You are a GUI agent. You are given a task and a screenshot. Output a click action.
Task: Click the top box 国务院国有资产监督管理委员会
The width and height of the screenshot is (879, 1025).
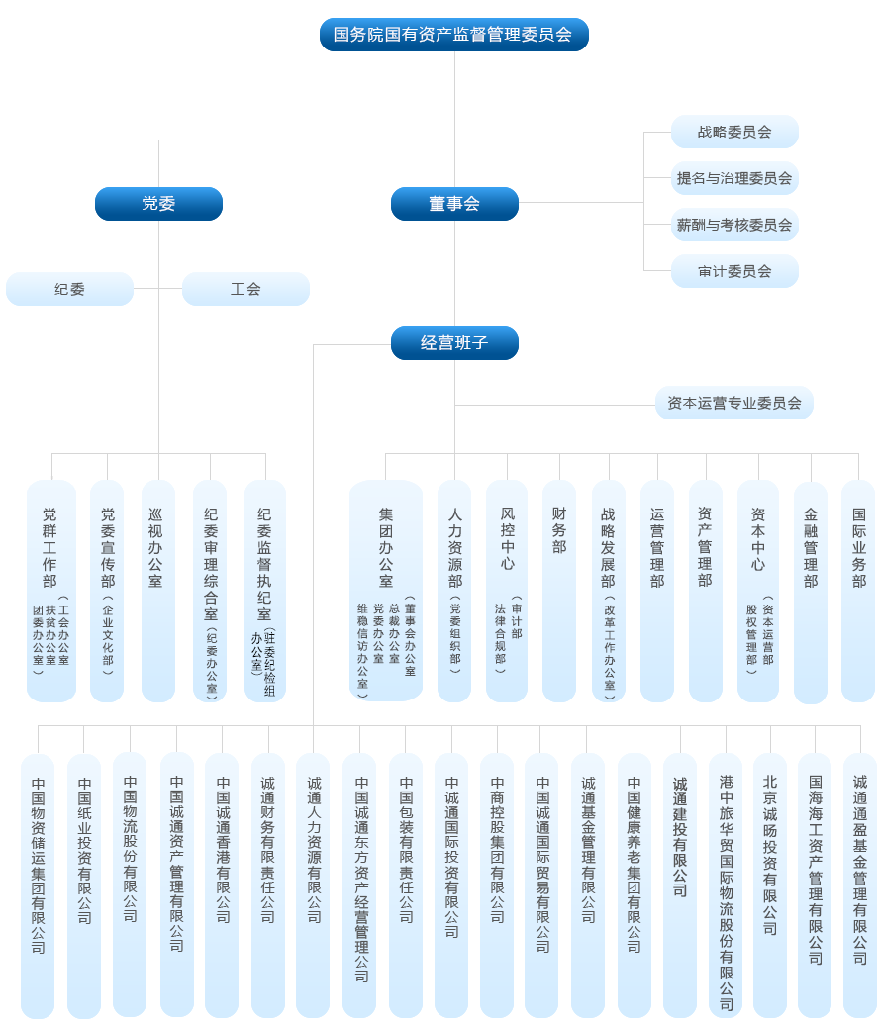point(453,35)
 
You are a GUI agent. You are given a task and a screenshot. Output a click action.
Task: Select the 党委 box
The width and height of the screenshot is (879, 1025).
point(158,204)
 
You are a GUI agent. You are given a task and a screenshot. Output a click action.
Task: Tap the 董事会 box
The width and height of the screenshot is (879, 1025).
point(454,204)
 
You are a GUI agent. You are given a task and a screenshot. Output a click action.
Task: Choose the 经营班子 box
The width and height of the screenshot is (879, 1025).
point(454,343)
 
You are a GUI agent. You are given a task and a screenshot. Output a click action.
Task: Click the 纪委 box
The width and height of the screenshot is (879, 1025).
point(69,289)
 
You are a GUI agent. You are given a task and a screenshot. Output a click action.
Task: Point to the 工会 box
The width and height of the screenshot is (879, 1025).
point(245,289)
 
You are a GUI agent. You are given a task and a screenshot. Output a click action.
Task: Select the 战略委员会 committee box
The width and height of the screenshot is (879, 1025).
point(734,132)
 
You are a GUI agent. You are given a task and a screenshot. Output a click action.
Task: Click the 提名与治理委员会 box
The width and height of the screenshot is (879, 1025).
point(734,178)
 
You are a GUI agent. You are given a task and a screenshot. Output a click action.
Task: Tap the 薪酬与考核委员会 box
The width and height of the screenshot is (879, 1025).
point(734,225)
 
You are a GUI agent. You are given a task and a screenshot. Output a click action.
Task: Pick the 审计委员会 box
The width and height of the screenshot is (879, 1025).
point(734,271)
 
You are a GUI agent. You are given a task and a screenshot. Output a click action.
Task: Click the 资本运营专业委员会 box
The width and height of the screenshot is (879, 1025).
point(734,404)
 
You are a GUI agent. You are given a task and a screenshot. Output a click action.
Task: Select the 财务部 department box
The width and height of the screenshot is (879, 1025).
point(559,591)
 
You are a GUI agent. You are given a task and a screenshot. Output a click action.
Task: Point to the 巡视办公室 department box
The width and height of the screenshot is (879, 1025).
point(158,591)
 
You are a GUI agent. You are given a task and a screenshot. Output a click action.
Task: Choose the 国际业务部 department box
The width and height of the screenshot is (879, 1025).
point(858,591)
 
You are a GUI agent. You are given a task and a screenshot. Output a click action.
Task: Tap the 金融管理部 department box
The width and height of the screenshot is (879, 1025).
point(811,591)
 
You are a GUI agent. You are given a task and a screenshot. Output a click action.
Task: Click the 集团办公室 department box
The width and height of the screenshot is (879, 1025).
point(386,591)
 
